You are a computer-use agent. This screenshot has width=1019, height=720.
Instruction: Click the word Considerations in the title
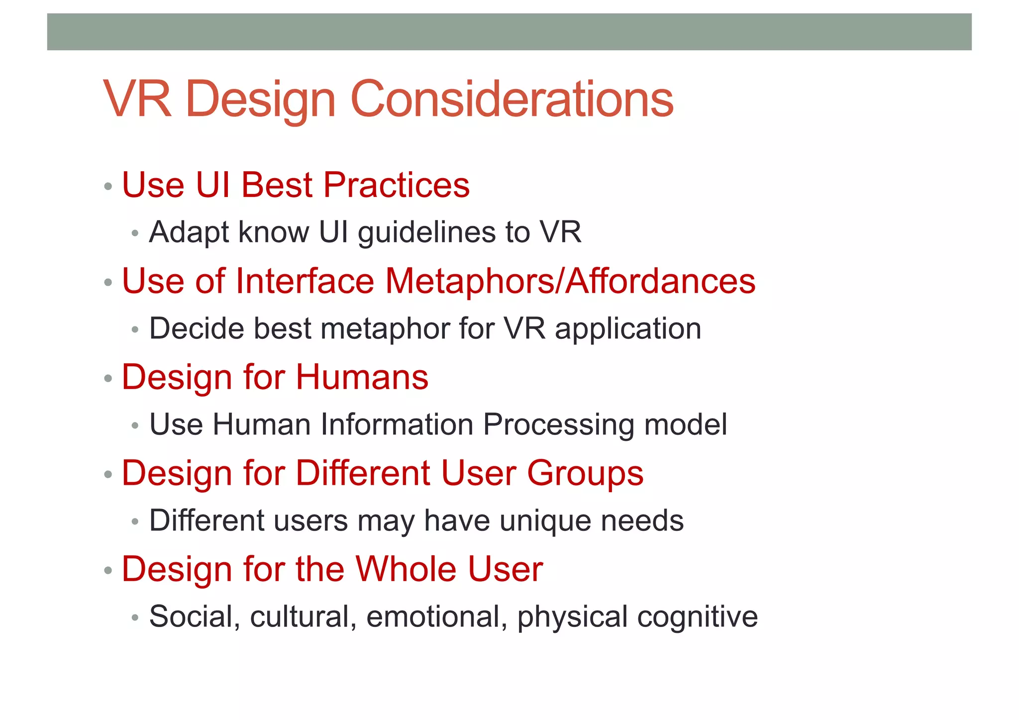coord(512,100)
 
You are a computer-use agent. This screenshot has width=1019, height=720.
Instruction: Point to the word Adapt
coord(189,232)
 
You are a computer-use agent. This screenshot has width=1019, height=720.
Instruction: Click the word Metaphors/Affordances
coord(570,281)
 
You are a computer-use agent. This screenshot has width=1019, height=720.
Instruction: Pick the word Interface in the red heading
coord(305,281)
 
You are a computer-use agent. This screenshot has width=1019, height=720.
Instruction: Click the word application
coord(628,329)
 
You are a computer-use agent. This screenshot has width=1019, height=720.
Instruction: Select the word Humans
coord(362,377)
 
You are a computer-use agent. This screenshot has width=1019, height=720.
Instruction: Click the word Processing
coord(558,425)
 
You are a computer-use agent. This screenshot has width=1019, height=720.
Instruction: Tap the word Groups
coord(585,473)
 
